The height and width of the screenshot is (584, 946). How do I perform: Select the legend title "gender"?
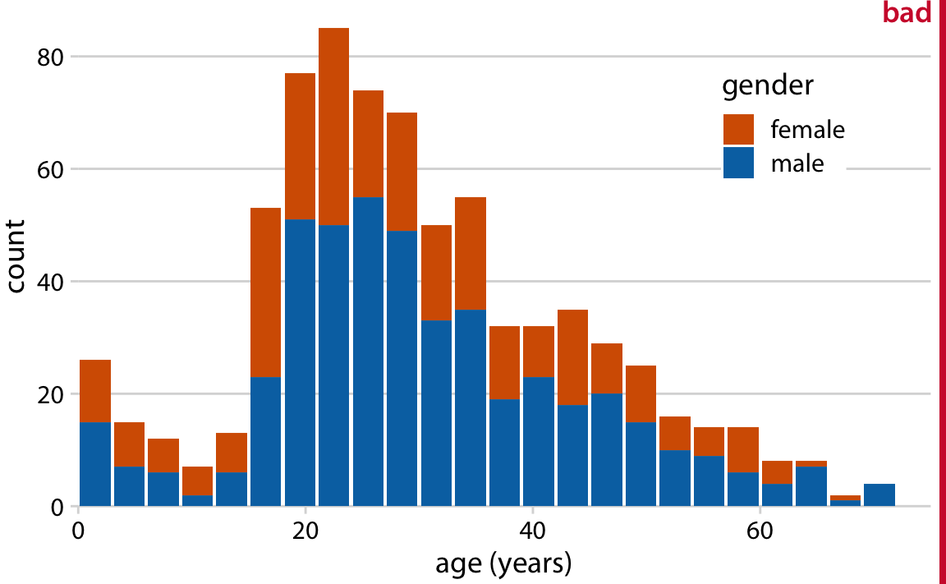coord(768,85)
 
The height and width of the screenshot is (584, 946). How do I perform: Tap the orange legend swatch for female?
coord(738,129)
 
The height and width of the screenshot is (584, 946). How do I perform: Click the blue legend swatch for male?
coord(738,163)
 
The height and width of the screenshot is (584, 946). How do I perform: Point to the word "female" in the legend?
coord(807,130)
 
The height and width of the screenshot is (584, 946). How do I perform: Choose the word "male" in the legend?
coord(797,163)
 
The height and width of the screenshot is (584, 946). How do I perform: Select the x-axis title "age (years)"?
coord(503,563)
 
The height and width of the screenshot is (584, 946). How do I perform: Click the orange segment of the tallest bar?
coord(334,126)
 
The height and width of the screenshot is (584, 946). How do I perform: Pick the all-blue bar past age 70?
coord(879,495)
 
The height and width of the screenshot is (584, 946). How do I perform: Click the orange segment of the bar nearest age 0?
coord(95,391)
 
